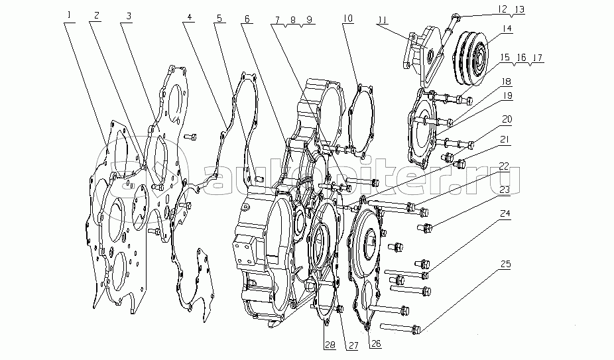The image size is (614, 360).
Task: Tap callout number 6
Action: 247,19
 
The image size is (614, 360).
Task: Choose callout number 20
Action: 507,120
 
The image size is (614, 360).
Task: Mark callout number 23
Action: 505,190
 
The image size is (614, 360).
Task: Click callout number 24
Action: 505,215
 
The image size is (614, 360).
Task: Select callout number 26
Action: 376,343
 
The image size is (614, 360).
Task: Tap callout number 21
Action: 505,140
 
